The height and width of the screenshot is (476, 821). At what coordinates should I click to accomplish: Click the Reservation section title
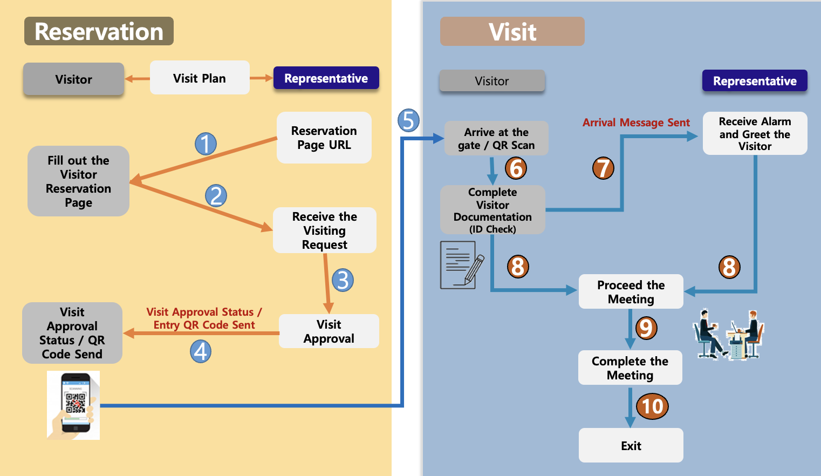pos(99,31)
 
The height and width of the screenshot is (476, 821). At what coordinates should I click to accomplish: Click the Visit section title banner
pos(512,31)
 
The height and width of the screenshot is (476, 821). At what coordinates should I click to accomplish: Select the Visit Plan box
pos(200,78)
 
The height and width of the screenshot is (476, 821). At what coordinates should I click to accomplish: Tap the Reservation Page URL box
pos(324,138)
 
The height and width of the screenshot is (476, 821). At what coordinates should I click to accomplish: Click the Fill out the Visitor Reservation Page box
pos(78,181)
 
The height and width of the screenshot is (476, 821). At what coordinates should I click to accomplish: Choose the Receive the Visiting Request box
pos(324,230)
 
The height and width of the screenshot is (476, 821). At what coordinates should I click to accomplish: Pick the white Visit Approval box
pos(329,331)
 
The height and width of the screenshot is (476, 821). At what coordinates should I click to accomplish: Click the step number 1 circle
pos(206,144)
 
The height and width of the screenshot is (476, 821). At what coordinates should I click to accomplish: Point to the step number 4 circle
pos(201,351)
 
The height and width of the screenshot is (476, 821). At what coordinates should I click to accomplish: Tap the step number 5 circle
pos(408,120)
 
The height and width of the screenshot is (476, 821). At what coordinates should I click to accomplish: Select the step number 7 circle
pos(603,168)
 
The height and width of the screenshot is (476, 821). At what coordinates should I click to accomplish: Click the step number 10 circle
pos(652,406)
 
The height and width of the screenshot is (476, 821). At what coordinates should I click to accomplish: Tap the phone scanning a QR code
pos(73,405)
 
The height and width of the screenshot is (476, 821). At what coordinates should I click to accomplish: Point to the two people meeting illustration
pos(728,335)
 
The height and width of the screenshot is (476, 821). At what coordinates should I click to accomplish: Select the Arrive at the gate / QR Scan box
pos(496,138)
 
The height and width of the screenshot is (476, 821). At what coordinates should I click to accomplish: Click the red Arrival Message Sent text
pos(636,123)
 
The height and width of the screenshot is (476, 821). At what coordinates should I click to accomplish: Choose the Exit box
pos(631,445)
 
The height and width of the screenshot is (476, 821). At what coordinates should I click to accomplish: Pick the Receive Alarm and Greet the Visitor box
pos(755,133)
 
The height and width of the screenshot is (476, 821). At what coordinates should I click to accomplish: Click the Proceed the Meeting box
pos(631,291)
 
